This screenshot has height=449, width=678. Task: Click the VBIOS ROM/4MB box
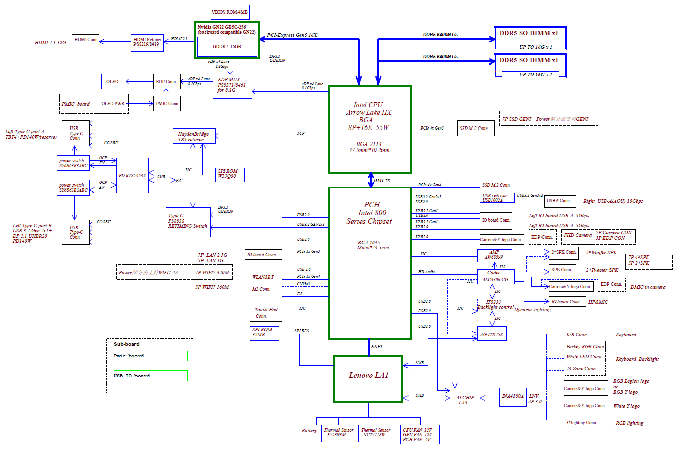(x=229, y=12)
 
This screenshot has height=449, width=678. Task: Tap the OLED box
(x=113, y=82)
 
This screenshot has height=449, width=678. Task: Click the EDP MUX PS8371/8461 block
(x=232, y=86)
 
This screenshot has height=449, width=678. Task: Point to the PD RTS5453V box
(x=132, y=175)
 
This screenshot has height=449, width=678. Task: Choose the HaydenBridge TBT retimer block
(x=194, y=136)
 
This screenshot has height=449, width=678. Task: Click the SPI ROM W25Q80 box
(x=228, y=174)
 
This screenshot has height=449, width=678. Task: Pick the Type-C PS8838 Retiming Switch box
(x=188, y=222)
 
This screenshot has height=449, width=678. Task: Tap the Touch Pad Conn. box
(x=265, y=313)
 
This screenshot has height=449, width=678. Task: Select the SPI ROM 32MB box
(x=264, y=333)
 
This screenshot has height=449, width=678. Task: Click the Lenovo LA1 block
(x=368, y=378)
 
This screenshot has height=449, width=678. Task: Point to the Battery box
(x=309, y=433)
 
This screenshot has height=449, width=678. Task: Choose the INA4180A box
(x=512, y=396)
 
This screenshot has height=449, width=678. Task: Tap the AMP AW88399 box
(x=494, y=255)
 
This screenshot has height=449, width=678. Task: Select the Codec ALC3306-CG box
(x=495, y=276)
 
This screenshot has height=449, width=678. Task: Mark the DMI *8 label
(x=381, y=180)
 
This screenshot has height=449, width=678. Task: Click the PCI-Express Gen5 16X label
(x=292, y=35)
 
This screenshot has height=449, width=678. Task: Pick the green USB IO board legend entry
(x=151, y=376)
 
